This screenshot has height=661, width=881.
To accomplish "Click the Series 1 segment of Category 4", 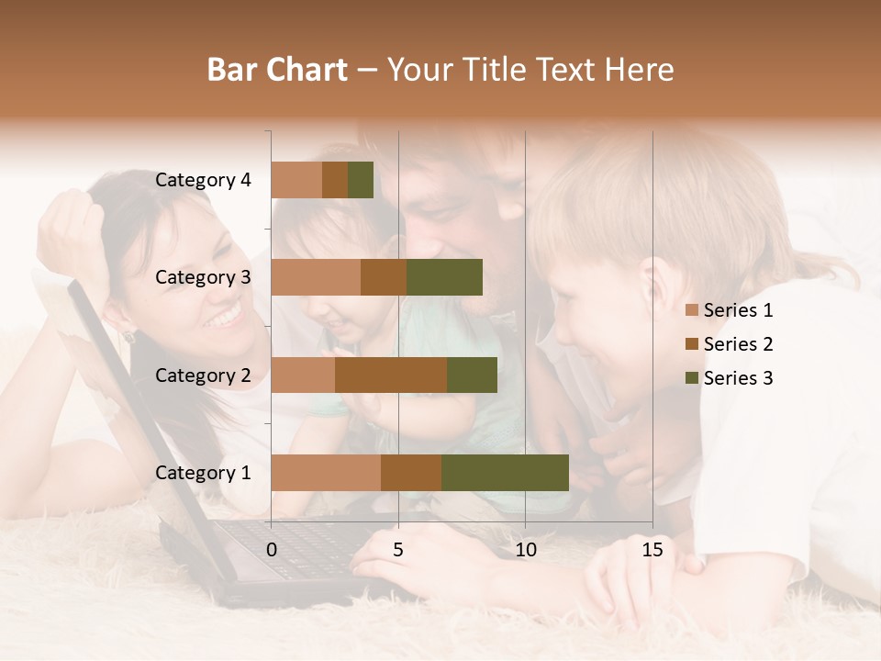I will pos(296,180).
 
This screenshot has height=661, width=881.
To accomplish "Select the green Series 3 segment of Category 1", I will pos(505,473).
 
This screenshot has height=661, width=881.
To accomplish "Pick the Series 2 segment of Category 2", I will pos(391,375).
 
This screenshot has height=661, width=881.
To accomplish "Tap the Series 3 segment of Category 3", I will pos(444,277).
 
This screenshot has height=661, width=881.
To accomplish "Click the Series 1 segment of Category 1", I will pos(326,473).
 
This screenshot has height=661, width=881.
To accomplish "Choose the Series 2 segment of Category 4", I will pos(335,180).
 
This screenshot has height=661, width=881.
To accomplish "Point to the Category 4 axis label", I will pos(203,180).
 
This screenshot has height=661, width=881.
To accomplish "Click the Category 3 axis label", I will pos(203,277).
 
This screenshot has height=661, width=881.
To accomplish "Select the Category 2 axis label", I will pos(203,375).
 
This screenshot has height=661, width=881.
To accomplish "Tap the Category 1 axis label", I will pos(203,473).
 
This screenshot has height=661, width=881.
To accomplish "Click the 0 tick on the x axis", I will pos(272,550).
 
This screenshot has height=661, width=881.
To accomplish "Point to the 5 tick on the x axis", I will pos(398,550).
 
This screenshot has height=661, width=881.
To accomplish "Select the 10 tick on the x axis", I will pos(525,550).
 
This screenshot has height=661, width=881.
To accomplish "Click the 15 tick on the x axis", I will pos(652,550).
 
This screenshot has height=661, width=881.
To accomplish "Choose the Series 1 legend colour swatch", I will pos(691,310).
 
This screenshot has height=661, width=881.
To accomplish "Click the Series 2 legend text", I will pos(738,344).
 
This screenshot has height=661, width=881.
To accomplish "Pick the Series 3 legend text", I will pos(738,378).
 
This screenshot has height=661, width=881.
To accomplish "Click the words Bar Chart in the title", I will pos(277,69).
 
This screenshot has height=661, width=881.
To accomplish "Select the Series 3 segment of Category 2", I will pos(472,375).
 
